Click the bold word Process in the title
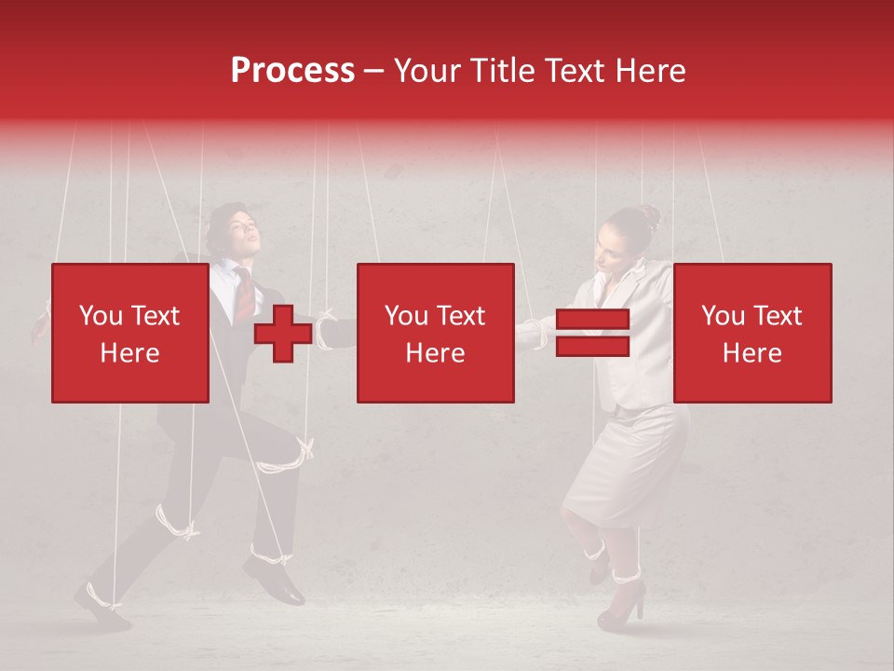click(292, 71)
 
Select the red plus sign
click(283, 334)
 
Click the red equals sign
click(592, 334)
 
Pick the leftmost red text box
click(129, 333)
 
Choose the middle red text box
click(435, 333)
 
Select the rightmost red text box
click(752, 333)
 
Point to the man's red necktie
click(243, 294)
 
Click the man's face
click(236, 235)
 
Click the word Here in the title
click(650, 71)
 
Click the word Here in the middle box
click(435, 353)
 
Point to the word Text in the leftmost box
click(155, 316)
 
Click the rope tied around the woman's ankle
click(625, 571)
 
